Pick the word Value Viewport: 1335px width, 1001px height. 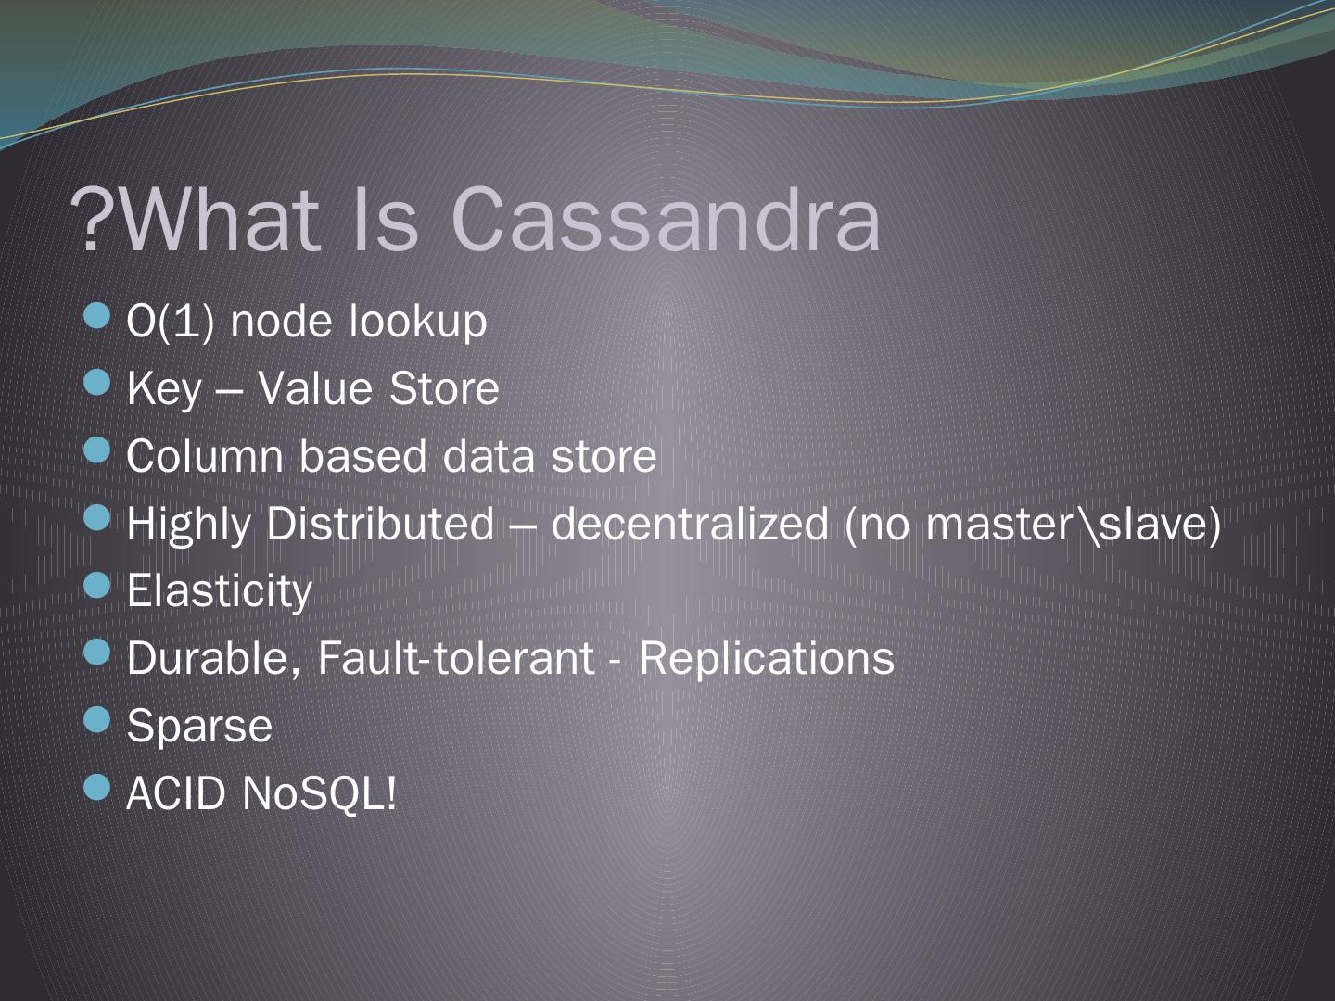pyautogui.click(x=315, y=388)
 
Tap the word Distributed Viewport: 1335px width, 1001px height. pyautogui.click(x=380, y=524)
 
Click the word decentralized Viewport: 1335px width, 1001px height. pyautogui.click(x=690, y=524)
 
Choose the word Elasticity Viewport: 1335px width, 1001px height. pyautogui.click(x=220, y=590)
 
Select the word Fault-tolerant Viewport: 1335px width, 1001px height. pyautogui.click(x=455, y=658)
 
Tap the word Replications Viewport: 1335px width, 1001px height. pyautogui.click(x=767, y=658)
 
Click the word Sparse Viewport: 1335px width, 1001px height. pyautogui.click(x=199, y=726)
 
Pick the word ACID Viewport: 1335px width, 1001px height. pyautogui.click(x=176, y=793)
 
